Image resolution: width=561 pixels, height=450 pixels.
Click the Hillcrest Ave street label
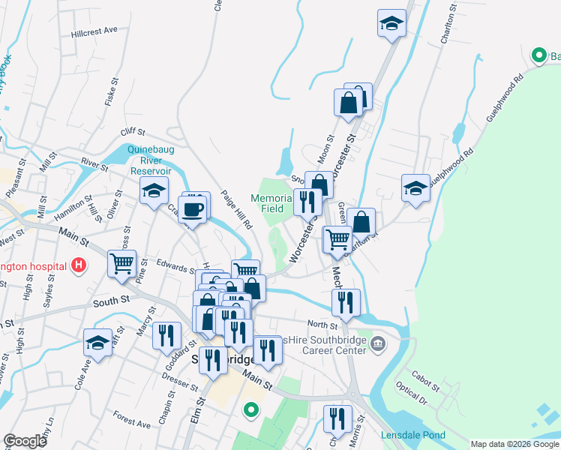95,31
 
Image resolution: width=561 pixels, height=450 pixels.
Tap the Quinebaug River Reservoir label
151,160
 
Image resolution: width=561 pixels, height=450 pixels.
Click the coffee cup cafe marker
193,210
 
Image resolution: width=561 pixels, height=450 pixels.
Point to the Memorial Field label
267,203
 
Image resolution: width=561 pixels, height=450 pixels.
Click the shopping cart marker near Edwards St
122,263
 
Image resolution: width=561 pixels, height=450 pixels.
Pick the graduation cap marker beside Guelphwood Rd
415,188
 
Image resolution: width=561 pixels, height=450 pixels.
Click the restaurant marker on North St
346,303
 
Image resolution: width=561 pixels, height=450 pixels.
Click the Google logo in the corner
25,441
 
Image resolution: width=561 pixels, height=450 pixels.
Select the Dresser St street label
180,382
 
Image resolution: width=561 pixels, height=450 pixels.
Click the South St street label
112,302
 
